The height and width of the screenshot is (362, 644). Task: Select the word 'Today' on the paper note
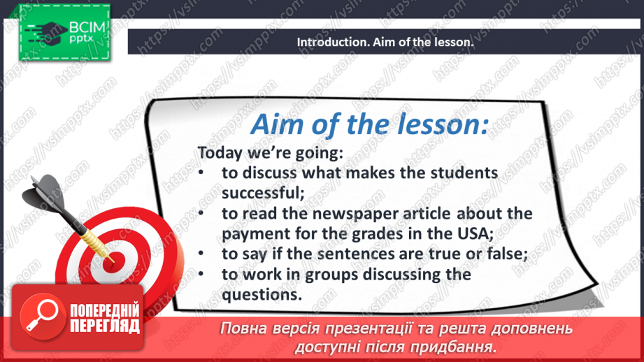click(220, 153)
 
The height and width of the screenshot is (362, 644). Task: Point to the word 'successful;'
click(263, 193)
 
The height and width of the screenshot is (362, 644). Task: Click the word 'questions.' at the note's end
click(262, 294)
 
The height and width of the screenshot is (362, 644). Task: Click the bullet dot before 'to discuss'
click(201, 173)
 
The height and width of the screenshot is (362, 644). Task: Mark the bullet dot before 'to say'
click(201, 254)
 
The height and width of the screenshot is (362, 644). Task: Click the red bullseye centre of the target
click(113, 262)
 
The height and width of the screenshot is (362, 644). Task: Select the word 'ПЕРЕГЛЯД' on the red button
click(104, 326)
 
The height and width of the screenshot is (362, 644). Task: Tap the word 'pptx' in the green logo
click(81, 39)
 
